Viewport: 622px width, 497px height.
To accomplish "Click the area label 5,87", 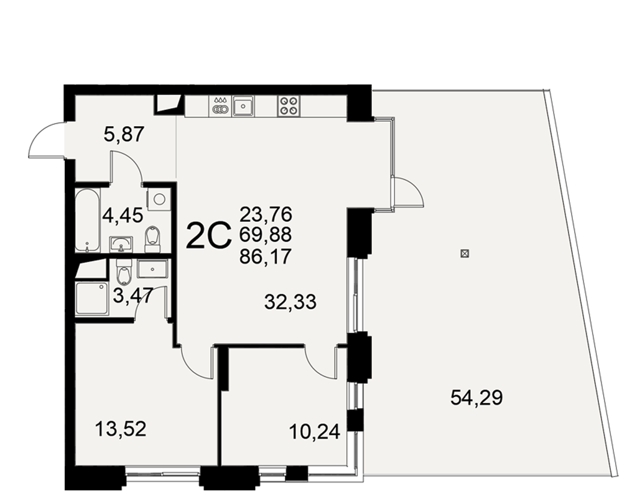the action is pyautogui.click(x=123, y=135).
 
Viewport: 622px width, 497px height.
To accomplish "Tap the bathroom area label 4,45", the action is pyautogui.click(x=123, y=216).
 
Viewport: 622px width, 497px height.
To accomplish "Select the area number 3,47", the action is pyautogui.click(x=133, y=296).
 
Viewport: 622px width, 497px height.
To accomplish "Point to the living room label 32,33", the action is pyautogui.click(x=290, y=302).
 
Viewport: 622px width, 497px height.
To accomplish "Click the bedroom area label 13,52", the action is pyautogui.click(x=121, y=429).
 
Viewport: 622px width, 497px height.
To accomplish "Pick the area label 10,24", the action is pyautogui.click(x=315, y=432).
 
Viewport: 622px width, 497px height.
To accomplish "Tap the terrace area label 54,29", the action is pyautogui.click(x=476, y=398).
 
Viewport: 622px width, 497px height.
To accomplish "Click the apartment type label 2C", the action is pyautogui.click(x=208, y=235).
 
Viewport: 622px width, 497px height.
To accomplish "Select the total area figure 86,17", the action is pyautogui.click(x=266, y=257).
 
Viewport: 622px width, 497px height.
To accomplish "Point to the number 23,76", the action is pyautogui.click(x=266, y=214).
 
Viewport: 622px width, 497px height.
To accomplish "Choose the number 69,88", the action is pyautogui.click(x=266, y=235).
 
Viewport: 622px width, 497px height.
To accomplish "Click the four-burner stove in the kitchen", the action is pyautogui.click(x=289, y=106).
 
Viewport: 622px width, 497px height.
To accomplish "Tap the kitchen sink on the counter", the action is pyautogui.click(x=243, y=106).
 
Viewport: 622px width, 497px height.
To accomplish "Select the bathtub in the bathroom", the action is pyautogui.click(x=87, y=221).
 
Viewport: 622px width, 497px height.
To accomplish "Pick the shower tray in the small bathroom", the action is pyautogui.click(x=91, y=298).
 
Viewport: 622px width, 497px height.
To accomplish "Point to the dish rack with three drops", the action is pyautogui.click(x=220, y=106).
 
